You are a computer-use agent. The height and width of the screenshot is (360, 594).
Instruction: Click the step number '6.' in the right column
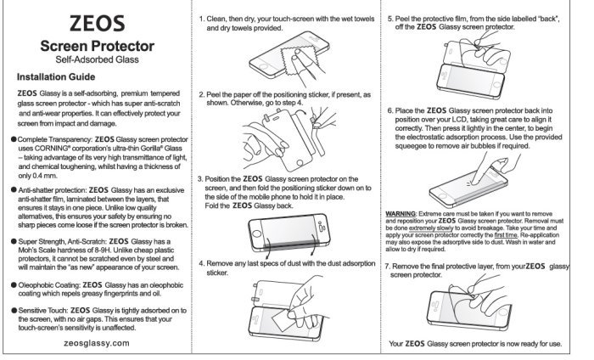pyautogui.click(x=389, y=110)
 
